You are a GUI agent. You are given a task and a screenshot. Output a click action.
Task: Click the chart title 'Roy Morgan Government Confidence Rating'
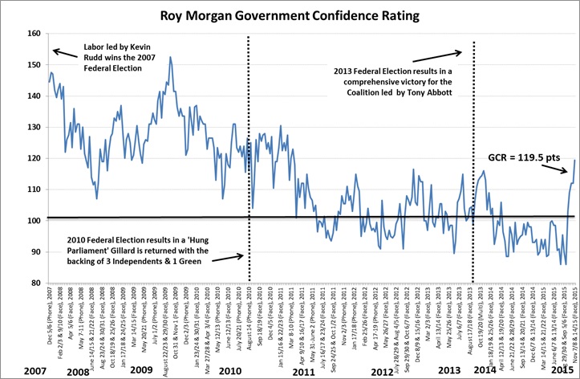[x=290, y=14]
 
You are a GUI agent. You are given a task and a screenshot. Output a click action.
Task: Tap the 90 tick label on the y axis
[x=33, y=252]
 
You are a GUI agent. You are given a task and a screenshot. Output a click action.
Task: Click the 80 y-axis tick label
[x=33, y=283]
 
